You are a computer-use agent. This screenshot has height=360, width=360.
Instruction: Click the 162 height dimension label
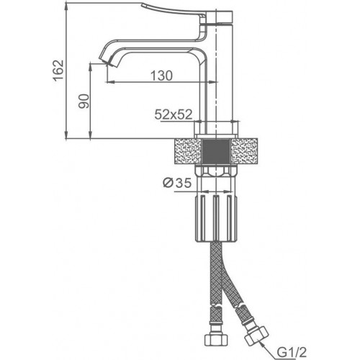tap(58, 71)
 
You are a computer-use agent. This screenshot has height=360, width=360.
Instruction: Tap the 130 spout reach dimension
tap(161, 76)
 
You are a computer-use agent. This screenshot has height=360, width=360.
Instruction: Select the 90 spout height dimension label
tap(84, 101)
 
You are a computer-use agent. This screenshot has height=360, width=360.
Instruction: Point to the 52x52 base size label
tap(174, 114)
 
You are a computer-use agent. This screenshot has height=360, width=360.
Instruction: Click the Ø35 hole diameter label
tap(177, 183)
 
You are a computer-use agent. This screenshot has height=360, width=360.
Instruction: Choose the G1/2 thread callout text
tap(292, 352)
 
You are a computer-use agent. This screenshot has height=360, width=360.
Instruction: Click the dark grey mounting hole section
tap(216, 151)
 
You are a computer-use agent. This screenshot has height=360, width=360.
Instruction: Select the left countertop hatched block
tap(188, 151)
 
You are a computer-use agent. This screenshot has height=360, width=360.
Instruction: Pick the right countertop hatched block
tap(244, 151)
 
